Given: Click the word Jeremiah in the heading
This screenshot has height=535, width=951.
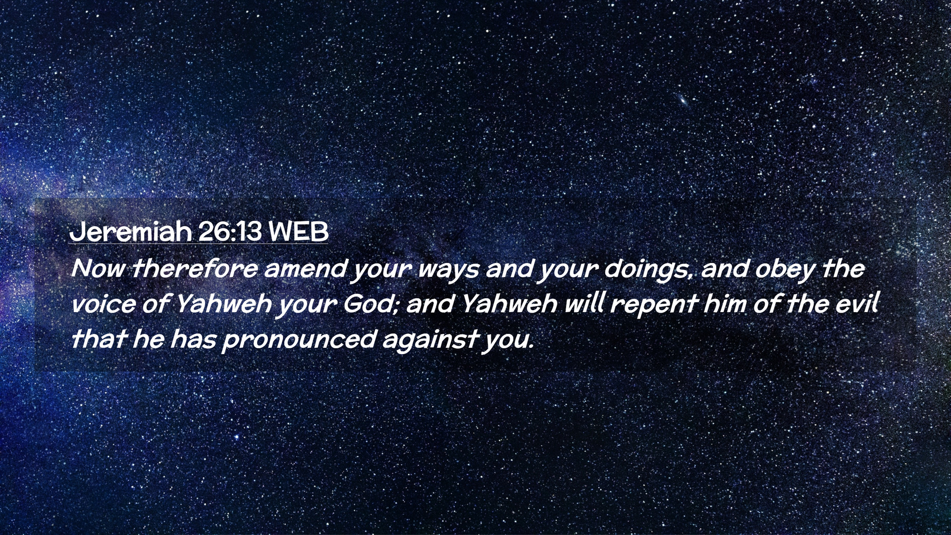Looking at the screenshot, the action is [131, 231].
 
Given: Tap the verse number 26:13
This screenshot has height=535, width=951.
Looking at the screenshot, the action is [229, 231].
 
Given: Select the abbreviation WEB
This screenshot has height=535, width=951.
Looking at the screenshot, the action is [298, 231].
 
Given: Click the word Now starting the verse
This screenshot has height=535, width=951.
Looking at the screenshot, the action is [97, 269].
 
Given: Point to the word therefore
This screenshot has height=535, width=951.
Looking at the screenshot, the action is [194, 269].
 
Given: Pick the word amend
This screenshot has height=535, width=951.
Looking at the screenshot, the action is [305, 269].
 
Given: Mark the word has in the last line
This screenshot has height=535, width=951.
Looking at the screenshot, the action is [193, 339].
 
